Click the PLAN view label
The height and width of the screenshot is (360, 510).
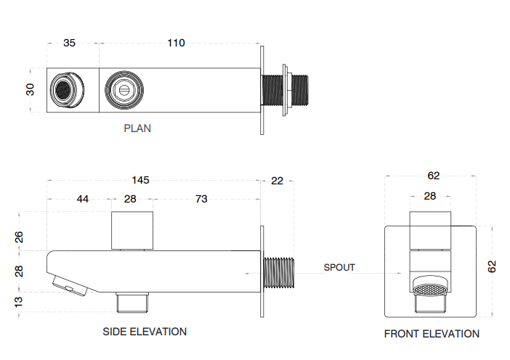[x=137, y=128]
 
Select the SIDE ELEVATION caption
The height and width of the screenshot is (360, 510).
[x=145, y=332]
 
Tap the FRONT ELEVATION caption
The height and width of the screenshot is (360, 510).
[x=432, y=334]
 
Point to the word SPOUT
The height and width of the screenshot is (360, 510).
[x=339, y=268]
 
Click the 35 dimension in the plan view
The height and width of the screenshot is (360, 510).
[x=69, y=43]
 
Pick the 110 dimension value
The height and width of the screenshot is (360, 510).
[x=176, y=43]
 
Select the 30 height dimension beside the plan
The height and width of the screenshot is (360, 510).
[x=31, y=90]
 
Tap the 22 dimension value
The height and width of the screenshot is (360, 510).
[x=278, y=181]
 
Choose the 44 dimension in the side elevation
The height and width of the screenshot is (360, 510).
[x=83, y=199]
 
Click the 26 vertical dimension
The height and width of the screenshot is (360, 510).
[x=20, y=237]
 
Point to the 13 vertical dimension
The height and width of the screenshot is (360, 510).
[x=20, y=300]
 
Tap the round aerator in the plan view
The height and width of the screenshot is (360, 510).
[x=64, y=91]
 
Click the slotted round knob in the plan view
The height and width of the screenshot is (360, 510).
[x=122, y=91]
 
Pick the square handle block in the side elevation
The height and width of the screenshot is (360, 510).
[x=133, y=231]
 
